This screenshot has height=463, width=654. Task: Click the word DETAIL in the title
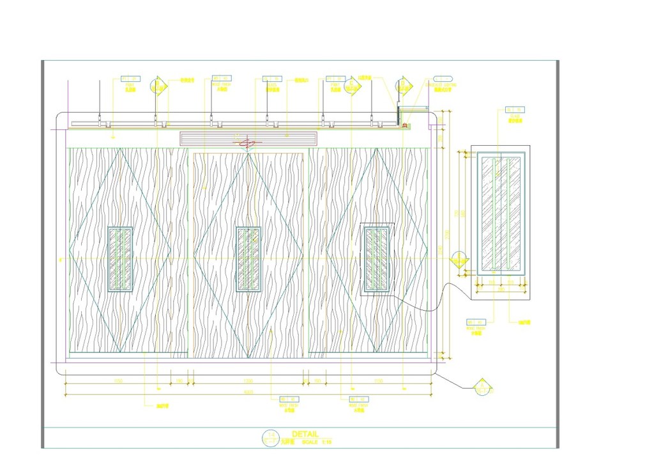(305, 434)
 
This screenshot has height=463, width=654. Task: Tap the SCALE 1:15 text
(317, 442)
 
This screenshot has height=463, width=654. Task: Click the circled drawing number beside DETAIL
(271, 437)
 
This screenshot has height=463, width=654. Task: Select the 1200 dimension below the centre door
(248, 381)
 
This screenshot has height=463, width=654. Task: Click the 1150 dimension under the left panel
(118, 381)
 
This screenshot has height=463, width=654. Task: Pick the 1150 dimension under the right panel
(378, 381)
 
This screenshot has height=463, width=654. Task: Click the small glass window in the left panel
(120, 259)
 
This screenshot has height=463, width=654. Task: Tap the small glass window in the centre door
(248, 259)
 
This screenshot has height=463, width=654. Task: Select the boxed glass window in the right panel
(377, 259)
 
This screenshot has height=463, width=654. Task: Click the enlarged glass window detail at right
(501, 215)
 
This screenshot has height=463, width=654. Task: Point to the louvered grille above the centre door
(248, 138)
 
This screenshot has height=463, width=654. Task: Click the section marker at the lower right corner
(483, 387)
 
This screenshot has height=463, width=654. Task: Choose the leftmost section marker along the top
(158, 85)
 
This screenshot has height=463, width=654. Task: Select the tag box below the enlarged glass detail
(476, 322)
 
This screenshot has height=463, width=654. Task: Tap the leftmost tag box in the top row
(130, 79)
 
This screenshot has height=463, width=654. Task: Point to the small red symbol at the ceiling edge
(404, 125)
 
